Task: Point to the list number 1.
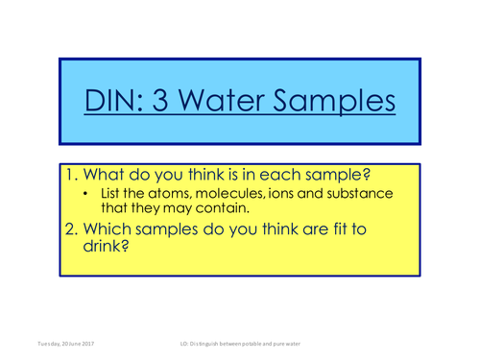[71, 175]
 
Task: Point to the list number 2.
[71, 230]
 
